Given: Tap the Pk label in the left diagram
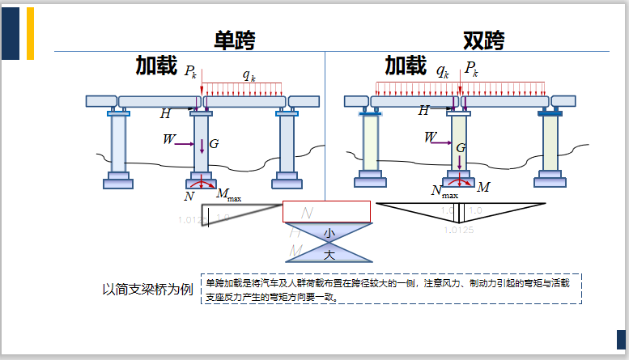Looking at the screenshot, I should coord(190,72).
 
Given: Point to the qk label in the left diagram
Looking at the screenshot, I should coord(249,75).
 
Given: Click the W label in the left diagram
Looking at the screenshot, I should coord(168,139).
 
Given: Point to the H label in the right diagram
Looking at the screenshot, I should coord(423,111).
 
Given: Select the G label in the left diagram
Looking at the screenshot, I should coord(214,144).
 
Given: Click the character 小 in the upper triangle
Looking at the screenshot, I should coord(329,233).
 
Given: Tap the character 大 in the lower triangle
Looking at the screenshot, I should coord(329,255).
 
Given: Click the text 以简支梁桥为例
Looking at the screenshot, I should coord(147,290).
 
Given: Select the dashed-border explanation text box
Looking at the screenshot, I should coord(391,289).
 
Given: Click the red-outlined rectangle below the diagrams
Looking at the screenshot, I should coord(326,211).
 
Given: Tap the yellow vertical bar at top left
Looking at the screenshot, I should coord(31,33).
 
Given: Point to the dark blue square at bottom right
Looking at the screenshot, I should coord(622,339).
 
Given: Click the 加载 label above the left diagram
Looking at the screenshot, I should coord(156,66).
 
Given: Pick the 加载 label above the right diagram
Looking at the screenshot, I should coord(406,65).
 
